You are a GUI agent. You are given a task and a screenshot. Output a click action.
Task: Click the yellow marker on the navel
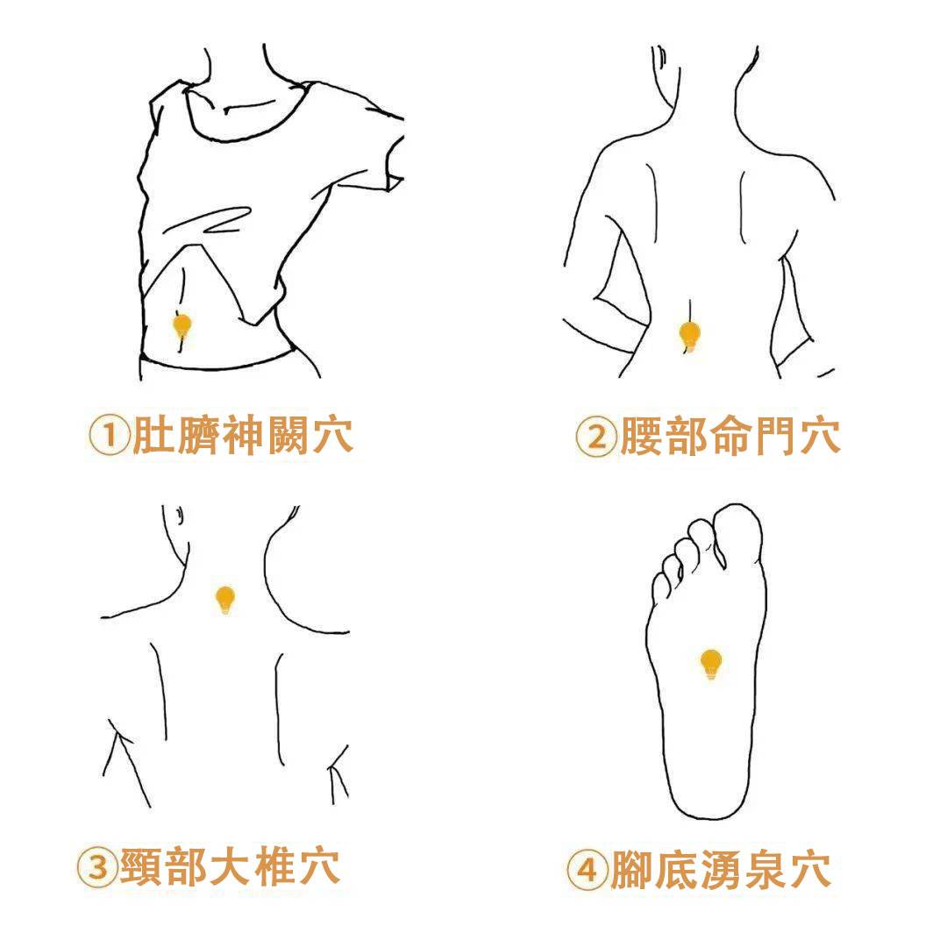(182, 326)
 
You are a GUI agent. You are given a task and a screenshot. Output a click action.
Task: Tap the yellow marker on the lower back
(689, 335)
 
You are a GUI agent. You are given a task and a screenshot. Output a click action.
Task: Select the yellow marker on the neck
(225, 599)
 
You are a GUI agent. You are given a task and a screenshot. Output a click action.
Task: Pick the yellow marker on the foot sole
(711, 664)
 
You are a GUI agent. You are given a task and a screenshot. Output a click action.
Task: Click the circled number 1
(110, 435)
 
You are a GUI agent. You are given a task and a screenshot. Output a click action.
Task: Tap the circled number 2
(596, 436)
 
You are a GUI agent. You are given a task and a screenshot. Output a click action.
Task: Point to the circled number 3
(97, 867)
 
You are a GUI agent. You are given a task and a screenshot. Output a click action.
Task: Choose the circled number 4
(587, 870)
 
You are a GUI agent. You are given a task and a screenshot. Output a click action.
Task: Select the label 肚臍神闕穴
(242, 435)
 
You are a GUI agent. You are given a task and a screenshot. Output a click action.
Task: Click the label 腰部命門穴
(730, 436)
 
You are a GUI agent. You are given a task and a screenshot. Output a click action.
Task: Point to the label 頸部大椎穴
(230, 867)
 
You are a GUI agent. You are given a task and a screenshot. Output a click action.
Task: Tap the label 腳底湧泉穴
(721, 870)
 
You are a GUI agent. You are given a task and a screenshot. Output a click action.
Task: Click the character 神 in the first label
(242, 435)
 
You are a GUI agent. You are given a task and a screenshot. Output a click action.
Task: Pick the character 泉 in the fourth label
(765, 870)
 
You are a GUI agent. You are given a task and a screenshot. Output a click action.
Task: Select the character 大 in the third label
(230, 867)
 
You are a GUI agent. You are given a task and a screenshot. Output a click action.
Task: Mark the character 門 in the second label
(775, 436)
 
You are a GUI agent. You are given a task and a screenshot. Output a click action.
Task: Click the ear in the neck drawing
(180, 516)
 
